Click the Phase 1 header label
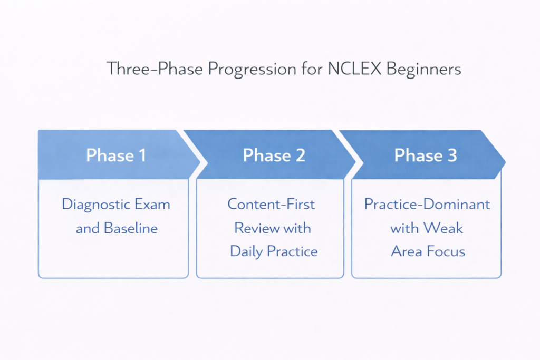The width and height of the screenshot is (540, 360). (116, 155)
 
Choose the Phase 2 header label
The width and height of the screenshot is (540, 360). (274, 155)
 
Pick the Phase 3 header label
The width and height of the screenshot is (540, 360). (426, 155)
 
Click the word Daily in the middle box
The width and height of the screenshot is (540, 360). (247, 251)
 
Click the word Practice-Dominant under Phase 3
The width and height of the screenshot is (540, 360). (427, 205)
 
